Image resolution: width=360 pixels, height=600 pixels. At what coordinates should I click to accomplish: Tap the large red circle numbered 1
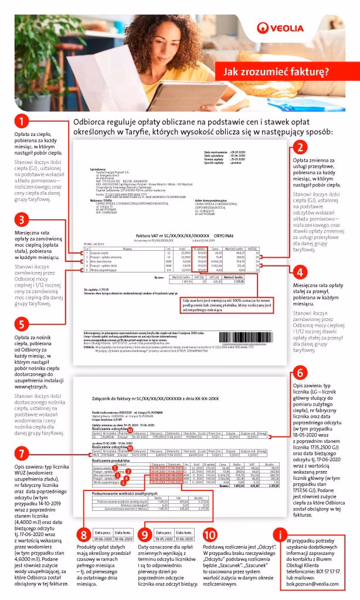(x=21, y=121)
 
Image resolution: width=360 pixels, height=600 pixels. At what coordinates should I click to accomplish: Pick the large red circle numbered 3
(x=21, y=220)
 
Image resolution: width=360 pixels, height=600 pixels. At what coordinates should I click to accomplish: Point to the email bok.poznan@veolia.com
(x=307, y=583)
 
